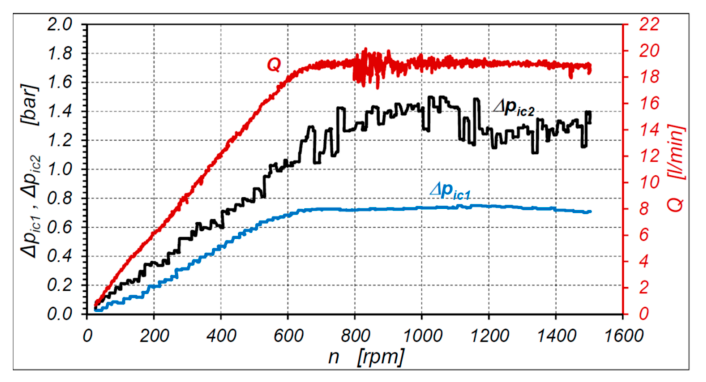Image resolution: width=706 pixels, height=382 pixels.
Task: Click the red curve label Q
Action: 274,65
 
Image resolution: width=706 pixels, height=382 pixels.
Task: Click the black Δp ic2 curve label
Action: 514,109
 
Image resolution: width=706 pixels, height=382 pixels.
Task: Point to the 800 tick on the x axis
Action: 355,336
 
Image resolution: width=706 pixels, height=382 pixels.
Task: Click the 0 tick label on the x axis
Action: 87,336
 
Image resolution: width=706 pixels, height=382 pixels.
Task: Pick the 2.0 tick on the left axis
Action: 60,24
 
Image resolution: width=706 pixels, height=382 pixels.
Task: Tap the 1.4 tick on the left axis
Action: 60,111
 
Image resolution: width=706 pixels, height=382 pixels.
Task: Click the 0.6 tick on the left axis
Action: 60,227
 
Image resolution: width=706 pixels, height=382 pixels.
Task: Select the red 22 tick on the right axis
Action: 649,24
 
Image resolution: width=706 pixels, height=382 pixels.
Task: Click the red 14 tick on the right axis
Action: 649,130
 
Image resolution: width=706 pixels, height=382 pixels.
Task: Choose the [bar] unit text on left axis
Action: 29,105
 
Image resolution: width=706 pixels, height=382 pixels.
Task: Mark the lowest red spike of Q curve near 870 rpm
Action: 377,88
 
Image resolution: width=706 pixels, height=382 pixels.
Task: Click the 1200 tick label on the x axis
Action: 489,336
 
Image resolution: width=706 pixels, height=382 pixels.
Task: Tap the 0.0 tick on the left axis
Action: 60,314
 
